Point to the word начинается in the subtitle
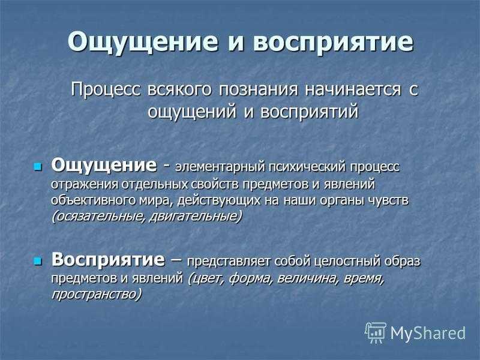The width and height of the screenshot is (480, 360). pos(352,89)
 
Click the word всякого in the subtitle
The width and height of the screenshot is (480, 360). pos(179,89)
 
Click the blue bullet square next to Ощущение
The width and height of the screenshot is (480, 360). pos(37,167)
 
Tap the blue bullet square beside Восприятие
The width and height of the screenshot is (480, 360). pos(37,261)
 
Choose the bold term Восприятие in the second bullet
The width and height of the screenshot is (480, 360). pos(108,260)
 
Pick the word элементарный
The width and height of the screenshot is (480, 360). pos(220,167)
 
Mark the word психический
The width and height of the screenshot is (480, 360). pos(307,167)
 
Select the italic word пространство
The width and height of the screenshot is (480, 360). pos(97,294)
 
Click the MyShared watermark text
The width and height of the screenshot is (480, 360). pos(428,333)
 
